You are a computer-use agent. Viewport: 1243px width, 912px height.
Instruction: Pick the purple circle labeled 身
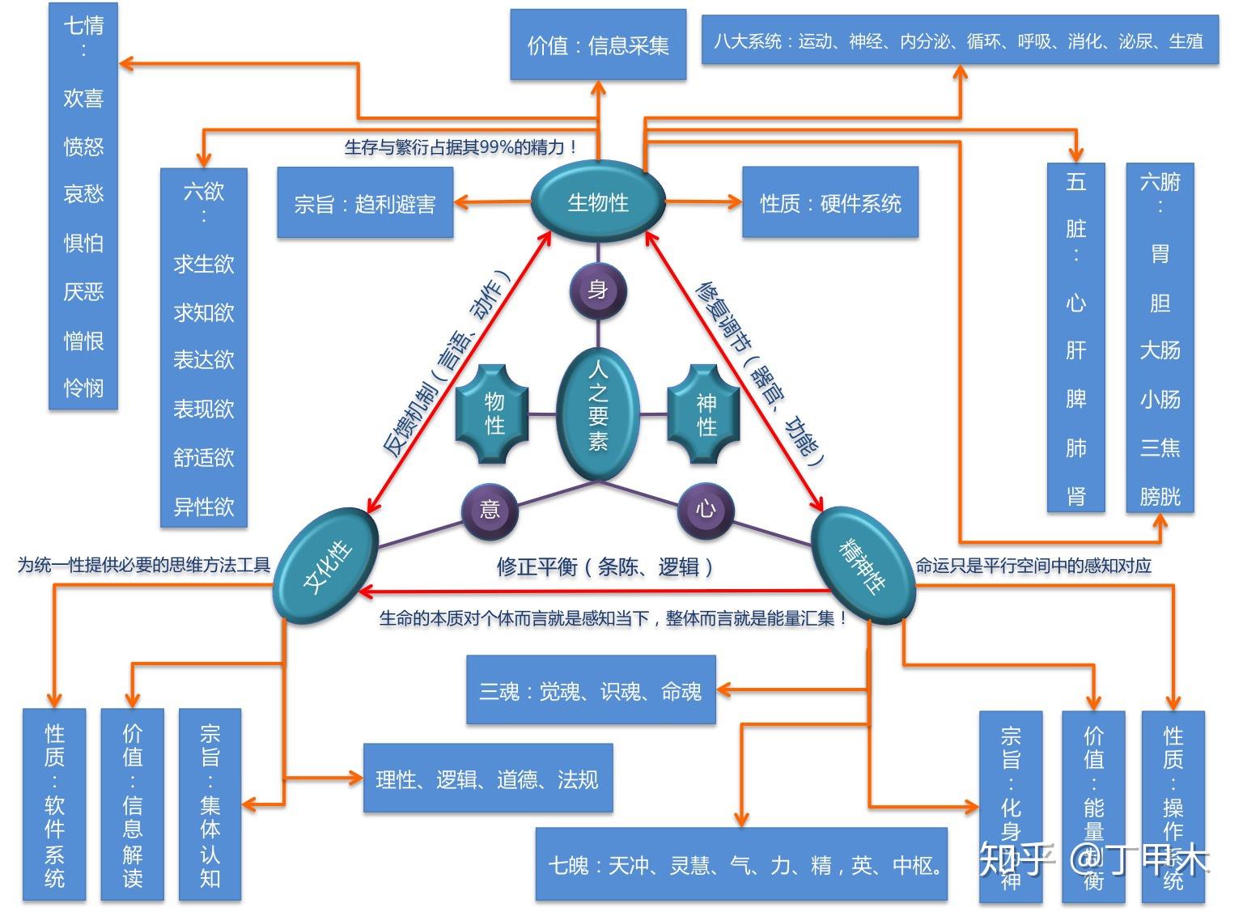tap(598, 291)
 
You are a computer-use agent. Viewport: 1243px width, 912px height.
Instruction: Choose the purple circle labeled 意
tap(490, 509)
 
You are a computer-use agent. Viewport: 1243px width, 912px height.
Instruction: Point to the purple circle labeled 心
tap(706, 509)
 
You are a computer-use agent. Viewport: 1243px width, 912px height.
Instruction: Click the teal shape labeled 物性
tap(494, 414)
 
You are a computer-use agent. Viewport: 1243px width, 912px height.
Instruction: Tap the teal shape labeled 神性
tap(706, 414)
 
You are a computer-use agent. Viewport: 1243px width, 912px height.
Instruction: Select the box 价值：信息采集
tap(598, 45)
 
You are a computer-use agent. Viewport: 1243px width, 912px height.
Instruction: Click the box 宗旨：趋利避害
tap(365, 203)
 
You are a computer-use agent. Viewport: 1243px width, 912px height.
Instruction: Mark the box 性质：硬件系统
tap(830, 203)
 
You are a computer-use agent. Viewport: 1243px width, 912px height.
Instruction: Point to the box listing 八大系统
tap(960, 40)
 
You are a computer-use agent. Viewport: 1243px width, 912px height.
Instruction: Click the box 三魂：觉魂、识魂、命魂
tap(591, 690)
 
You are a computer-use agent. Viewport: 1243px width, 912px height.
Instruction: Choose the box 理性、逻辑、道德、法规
tap(487, 778)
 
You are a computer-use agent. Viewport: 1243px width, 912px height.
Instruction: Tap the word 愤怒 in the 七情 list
tap(83, 146)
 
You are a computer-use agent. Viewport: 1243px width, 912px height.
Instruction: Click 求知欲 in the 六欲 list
tap(203, 312)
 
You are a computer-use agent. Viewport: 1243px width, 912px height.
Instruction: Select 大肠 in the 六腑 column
tap(1160, 350)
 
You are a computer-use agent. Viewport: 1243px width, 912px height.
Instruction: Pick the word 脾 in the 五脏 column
tap(1075, 399)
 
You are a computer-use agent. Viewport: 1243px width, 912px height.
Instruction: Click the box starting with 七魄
tap(741, 864)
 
